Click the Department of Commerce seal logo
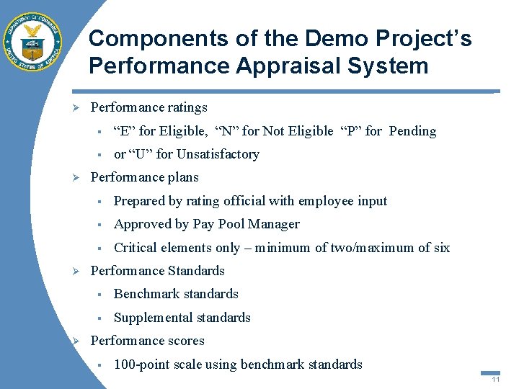32,41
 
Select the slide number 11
495,380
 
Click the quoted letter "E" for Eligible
124,131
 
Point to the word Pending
412,131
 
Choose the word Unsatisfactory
218,154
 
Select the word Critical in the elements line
136,248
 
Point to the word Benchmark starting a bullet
144,294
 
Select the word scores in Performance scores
185,341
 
